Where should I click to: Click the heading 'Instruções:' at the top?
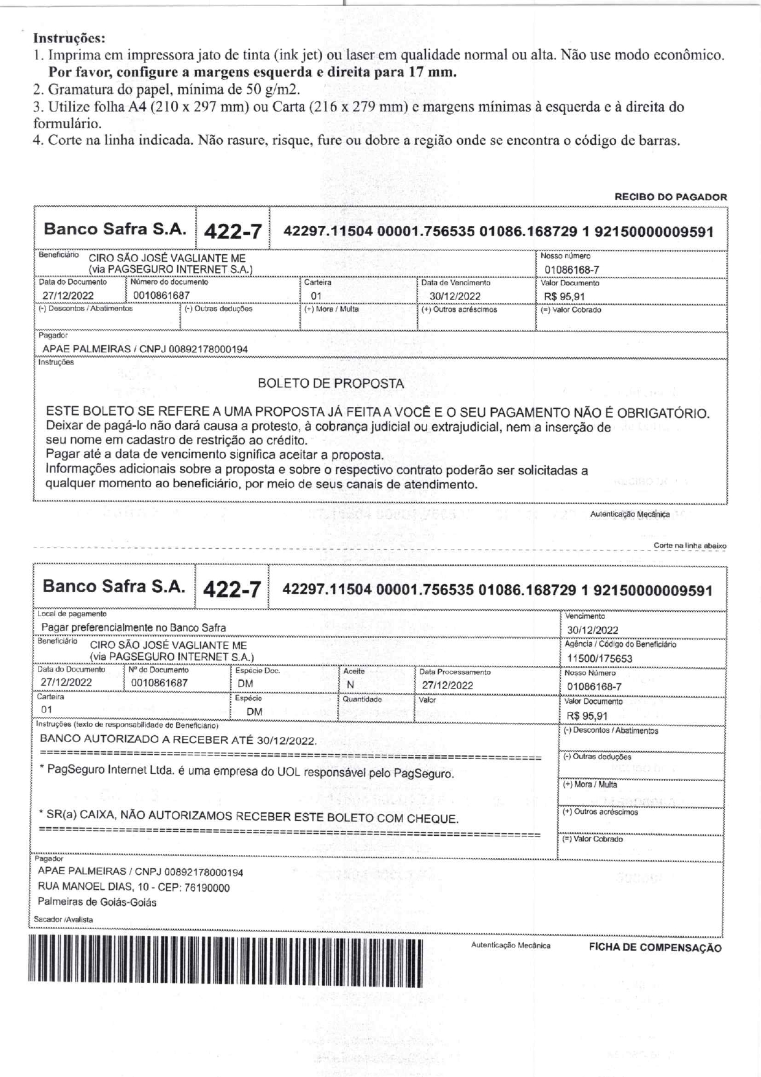(x=69, y=38)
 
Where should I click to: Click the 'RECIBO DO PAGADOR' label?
(x=670, y=197)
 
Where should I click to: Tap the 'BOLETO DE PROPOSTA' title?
(x=331, y=384)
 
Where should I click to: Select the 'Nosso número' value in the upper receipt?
(x=571, y=269)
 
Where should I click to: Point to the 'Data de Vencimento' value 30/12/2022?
(x=455, y=296)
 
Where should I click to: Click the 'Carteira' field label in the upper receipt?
(x=317, y=282)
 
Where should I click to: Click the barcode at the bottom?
(x=225, y=962)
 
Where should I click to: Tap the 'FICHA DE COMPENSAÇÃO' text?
(x=655, y=948)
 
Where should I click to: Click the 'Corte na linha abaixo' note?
(x=690, y=545)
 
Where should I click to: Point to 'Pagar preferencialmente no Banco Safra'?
(x=133, y=628)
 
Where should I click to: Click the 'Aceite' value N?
(x=350, y=685)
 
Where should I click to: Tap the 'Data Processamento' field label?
(x=455, y=672)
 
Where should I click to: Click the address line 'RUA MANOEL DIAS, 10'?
(x=134, y=887)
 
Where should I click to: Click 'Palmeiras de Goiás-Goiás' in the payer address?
(x=97, y=902)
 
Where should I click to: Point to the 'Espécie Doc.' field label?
(x=258, y=671)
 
